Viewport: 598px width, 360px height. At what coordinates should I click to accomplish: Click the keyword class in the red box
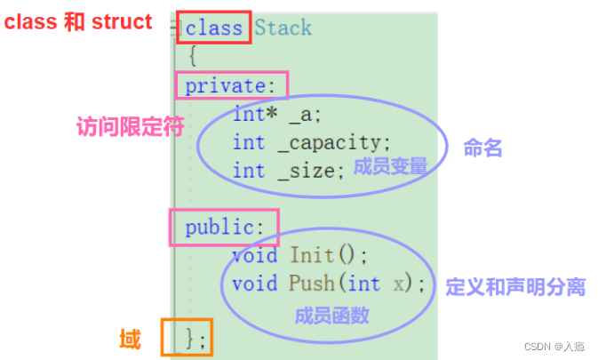pos(214,28)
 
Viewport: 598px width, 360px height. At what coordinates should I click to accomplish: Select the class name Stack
pos(283,28)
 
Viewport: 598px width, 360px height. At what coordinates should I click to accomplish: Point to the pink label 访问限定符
pos(130,127)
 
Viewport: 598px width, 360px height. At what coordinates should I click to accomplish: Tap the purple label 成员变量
pos(390,166)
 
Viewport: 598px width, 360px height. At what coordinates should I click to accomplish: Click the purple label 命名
pos(483,148)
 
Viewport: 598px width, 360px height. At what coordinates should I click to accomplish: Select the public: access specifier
pos(225,228)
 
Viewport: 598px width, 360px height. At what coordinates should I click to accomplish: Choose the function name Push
pos(311,284)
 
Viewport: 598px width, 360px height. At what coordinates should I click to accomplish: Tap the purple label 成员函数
pos(331,315)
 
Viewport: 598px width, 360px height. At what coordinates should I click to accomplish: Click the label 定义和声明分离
pos(515,286)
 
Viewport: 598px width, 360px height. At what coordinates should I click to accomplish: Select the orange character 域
pos(130,339)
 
